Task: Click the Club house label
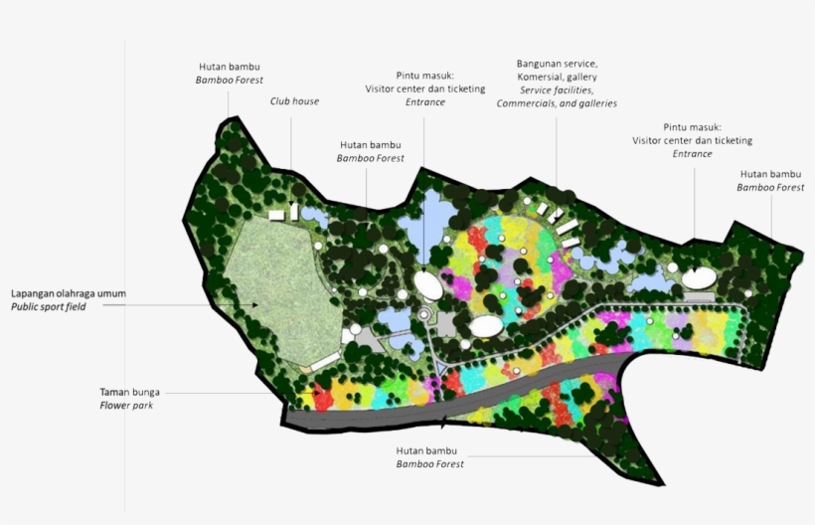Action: tap(294, 100)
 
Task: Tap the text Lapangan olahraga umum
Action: tap(69, 293)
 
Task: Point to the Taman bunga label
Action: tap(124, 391)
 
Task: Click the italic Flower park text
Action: tap(123, 405)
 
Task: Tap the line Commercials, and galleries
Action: tap(557, 103)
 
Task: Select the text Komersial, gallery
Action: tap(557, 77)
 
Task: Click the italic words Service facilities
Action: tap(557, 89)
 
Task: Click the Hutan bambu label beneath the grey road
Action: tap(429, 450)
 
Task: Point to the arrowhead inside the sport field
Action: tap(254, 304)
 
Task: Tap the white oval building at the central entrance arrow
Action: tap(429, 285)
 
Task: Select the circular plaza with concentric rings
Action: tap(424, 315)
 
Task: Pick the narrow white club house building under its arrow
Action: tap(292, 212)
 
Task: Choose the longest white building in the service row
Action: tap(566, 227)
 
